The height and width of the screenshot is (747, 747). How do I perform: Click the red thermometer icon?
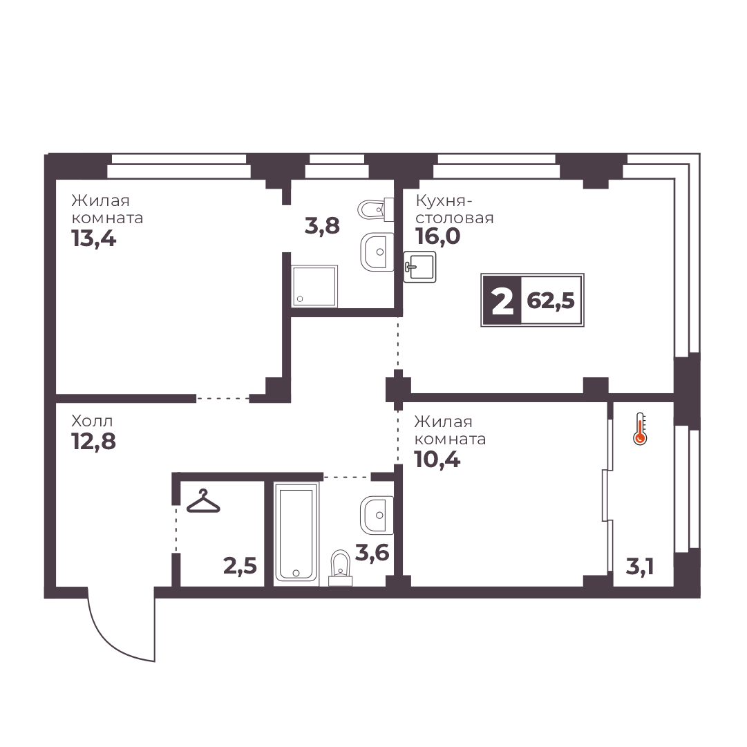[640, 428]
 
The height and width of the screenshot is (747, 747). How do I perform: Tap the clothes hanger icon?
[203, 501]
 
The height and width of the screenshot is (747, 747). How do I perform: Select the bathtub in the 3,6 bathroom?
[296, 533]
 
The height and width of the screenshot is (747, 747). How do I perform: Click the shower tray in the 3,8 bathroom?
[314, 286]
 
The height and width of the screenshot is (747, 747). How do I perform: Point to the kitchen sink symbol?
[419, 267]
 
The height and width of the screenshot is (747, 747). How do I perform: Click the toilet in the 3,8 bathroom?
[375, 209]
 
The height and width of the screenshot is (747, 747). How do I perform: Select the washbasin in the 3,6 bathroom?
[377, 515]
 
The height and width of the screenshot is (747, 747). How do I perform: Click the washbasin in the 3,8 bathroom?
[377, 252]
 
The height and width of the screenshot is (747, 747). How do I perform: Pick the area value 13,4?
[94, 238]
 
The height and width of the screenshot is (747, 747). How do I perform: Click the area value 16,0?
[438, 236]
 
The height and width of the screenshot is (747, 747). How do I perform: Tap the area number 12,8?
[94, 442]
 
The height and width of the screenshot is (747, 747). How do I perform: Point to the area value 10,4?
[438, 460]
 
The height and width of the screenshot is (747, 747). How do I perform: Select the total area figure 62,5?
[551, 301]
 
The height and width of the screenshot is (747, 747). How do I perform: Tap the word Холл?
[92, 422]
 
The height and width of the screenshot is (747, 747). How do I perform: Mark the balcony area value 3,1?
[639, 567]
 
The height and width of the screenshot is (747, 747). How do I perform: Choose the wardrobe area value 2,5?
[240, 567]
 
